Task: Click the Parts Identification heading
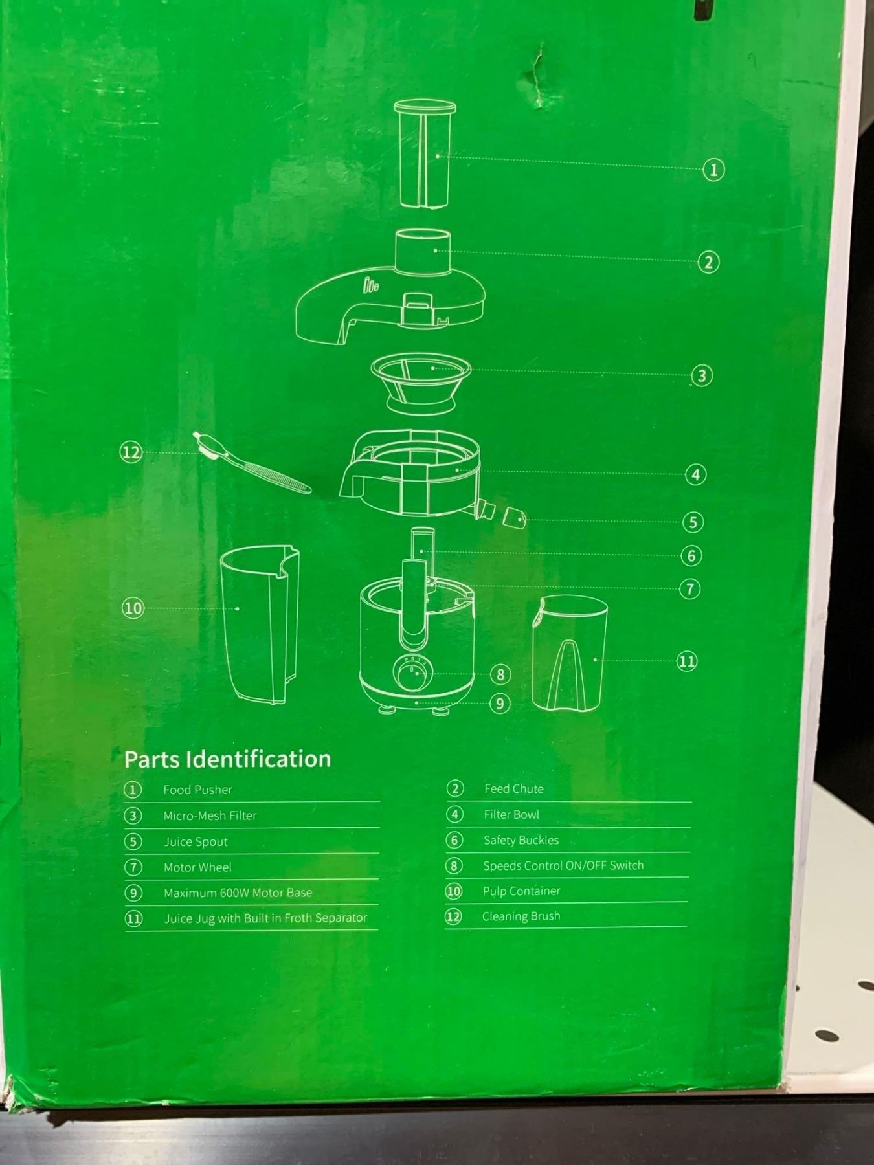pyautogui.click(x=227, y=759)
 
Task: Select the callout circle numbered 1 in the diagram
pyautogui.click(x=713, y=170)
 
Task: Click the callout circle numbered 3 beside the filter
pyautogui.click(x=702, y=375)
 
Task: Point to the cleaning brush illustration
pyautogui.click(x=252, y=463)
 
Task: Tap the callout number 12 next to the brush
pyautogui.click(x=131, y=452)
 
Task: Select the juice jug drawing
pyautogui.click(x=568, y=654)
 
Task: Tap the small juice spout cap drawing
pyautogui.click(x=514, y=517)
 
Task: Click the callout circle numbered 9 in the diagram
pyautogui.click(x=499, y=704)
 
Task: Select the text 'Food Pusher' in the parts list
pyautogui.click(x=197, y=790)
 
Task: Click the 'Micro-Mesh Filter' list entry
pyautogui.click(x=210, y=815)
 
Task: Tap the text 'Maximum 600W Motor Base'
pyautogui.click(x=238, y=893)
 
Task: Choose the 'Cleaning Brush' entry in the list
pyautogui.click(x=521, y=916)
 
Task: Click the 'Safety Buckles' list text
pyautogui.click(x=521, y=840)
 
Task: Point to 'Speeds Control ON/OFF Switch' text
pyautogui.click(x=563, y=865)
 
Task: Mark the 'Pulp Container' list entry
pyautogui.click(x=521, y=891)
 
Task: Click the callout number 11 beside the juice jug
pyautogui.click(x=686, y=661)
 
